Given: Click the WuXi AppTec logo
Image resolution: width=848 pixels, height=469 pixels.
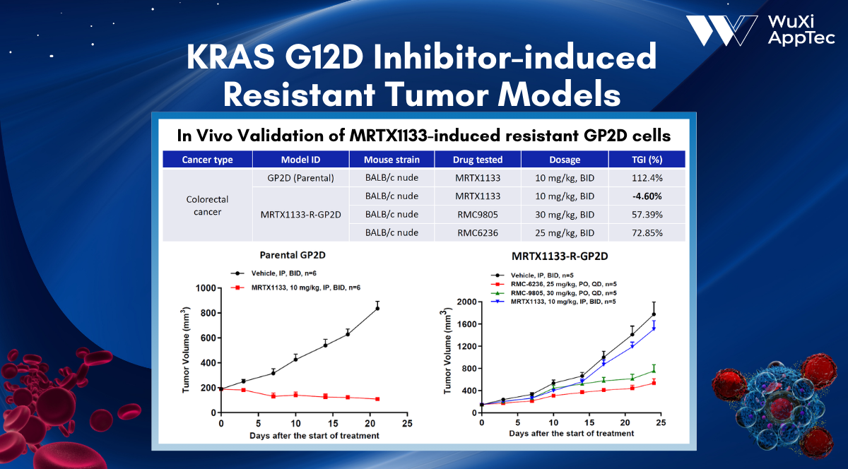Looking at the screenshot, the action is coord(760,30).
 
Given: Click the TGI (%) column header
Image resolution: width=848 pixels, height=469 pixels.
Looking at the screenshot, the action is coord(647,160).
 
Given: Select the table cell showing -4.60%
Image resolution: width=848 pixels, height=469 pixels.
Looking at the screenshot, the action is coord(647,196).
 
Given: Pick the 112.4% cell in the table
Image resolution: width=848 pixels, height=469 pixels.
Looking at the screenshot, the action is coord(647,178).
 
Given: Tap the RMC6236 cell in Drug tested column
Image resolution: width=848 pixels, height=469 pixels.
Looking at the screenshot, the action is coord(478,232).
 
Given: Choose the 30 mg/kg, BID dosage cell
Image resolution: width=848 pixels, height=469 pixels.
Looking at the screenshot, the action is coord(565,215).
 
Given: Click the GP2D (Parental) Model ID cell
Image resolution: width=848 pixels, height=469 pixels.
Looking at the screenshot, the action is coord(300,178).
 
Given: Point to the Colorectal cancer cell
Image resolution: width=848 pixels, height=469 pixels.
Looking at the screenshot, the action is coord(208,205).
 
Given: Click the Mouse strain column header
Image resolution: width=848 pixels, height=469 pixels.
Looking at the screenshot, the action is coord(391,160).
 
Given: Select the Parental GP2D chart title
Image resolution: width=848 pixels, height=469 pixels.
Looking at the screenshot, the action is coord(293,255).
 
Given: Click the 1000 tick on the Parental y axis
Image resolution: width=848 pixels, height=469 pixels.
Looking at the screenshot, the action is coord(206,288).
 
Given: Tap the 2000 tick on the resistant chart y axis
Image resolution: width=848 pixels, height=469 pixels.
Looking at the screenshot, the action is coord(467,302).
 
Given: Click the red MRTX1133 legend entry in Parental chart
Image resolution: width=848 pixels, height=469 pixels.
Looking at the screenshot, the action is coord(295,287).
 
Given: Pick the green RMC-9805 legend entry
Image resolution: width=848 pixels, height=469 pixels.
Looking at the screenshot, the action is coord(554,292).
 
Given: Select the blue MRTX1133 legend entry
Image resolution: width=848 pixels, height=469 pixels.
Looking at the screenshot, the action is coord(553,302).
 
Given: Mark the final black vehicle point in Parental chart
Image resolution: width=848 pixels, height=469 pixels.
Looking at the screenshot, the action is coord(377,309).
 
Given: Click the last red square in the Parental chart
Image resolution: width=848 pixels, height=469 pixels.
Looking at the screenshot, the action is coord(377,399).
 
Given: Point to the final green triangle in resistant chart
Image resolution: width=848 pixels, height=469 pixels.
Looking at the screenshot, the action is coord(654,371).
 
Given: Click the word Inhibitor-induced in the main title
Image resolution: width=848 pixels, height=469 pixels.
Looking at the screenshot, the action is coord(515,57).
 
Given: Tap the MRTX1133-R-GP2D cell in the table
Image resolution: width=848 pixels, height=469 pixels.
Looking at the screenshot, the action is coord(300,215).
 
